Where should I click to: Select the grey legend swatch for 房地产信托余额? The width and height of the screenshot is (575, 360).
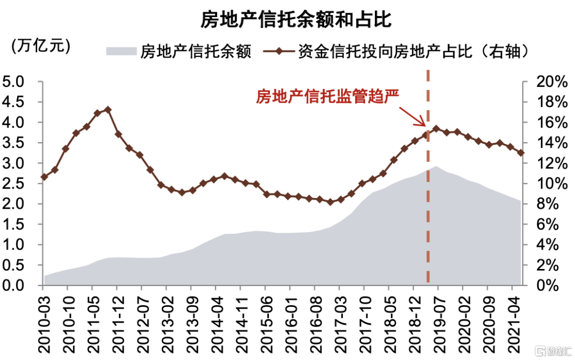point(121,51)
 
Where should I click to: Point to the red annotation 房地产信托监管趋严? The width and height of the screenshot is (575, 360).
point(327,96)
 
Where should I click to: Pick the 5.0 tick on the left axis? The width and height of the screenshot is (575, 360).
point(14,82)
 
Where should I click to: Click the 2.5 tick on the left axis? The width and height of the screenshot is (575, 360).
point(14,184)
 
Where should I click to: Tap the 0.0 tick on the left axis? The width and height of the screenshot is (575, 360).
point(14,286)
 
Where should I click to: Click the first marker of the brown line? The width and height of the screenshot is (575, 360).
point(44,177)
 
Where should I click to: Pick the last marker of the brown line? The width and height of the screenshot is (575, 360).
point(521,153)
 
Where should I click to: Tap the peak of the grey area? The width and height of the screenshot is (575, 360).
point(436,167)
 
